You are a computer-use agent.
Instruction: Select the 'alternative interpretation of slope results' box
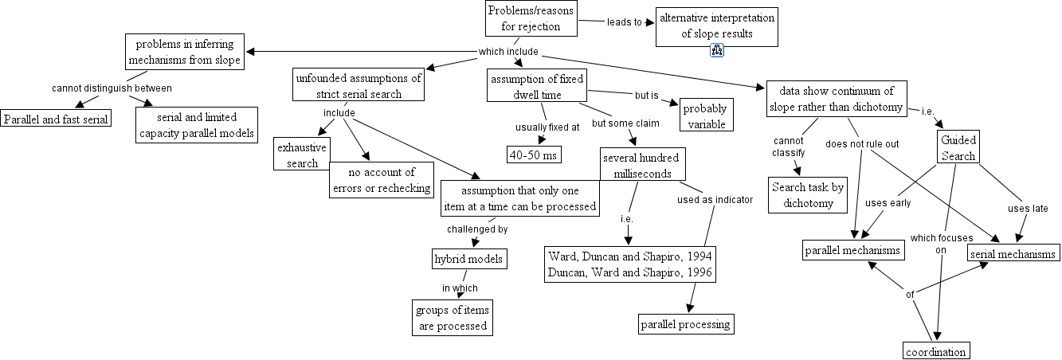[716, 26]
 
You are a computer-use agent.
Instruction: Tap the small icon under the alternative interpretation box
[716, 52]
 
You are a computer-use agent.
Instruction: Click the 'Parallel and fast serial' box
[56, 119]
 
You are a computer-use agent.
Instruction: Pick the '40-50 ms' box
[534, 155]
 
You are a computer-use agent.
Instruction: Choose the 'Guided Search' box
[958, 148]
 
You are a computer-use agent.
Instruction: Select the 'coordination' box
[936, 351]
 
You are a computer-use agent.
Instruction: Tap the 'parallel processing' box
[686, 324]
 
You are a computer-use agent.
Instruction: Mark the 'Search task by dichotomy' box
[808, 195]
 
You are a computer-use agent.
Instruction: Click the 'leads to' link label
[625, 22]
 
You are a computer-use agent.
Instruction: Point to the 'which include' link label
[508, 53]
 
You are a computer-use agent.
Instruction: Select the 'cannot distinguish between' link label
[112, 88]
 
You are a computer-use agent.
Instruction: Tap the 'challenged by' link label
[476, 229]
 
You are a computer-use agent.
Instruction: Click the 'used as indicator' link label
[715, 200]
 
